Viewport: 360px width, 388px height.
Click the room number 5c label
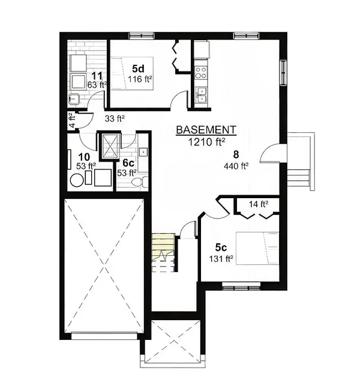(x=221, y=247)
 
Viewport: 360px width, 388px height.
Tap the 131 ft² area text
(x=221, y=259)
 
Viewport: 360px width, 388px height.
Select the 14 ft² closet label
(x=258, y=204)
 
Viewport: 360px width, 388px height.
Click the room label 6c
(x=128, y=163)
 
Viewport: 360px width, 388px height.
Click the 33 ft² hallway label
(x=114, y=119)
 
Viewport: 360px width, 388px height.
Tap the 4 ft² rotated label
(x=71, y=121)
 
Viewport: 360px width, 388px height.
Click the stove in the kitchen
(x=200, y=73)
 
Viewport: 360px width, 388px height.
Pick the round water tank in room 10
(x=77, y=180)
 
